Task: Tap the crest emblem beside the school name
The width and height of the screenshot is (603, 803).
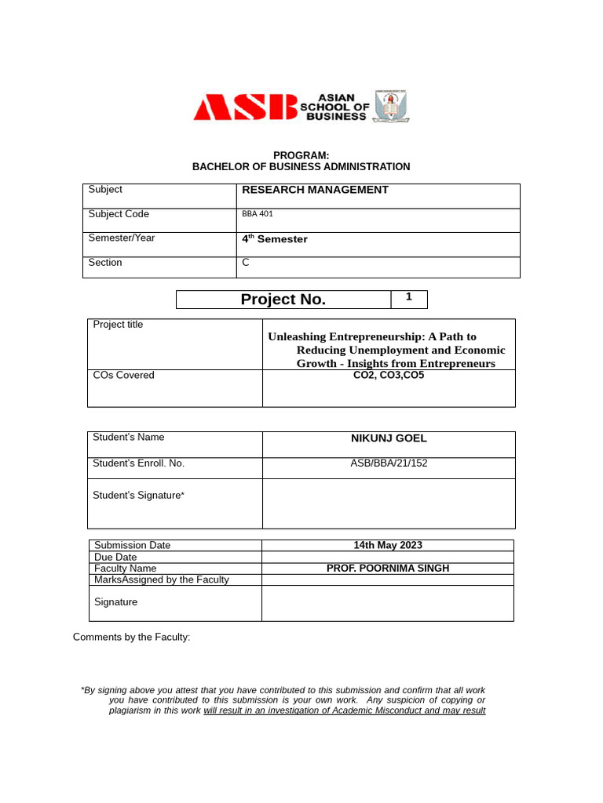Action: pos(390,107)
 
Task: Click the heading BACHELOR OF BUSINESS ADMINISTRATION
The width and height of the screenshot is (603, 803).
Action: pos(301,167)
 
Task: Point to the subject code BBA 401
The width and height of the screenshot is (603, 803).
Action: pos(258,214)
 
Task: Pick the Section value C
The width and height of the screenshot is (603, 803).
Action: pos(246,263)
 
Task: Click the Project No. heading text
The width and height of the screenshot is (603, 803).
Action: pos(283,300)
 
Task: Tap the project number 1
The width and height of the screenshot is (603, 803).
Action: pos(408,297)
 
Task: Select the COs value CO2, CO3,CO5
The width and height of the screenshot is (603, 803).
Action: pos(388,376)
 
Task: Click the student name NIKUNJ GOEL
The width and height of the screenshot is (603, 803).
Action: pos(388,438)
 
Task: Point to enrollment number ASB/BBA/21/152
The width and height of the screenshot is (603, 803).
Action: pos(388,463)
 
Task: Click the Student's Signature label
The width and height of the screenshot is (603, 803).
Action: pos(138,496)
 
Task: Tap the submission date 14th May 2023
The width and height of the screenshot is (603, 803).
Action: pos(387,545)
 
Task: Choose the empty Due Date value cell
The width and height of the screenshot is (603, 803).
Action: pos(387,557)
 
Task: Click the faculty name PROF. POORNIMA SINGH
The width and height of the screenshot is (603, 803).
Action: pos(387,569)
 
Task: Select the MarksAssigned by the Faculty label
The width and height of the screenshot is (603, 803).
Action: pos(161,580)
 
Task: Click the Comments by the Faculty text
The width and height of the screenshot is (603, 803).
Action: pos(131,637)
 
